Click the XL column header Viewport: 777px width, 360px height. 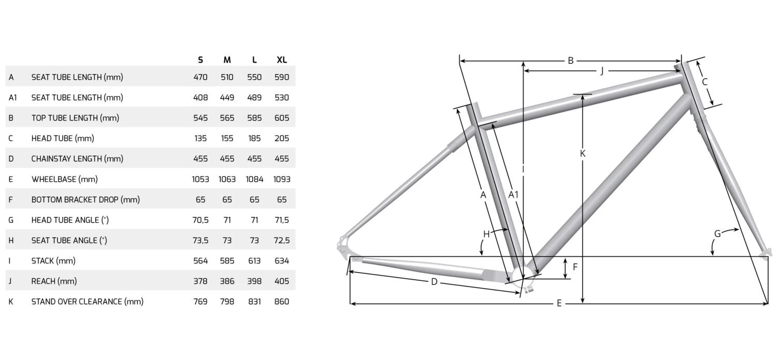(x=282, y=60)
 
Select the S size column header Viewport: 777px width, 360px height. (x=200, y=60)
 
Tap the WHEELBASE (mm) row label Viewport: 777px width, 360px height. (x=65, y=179)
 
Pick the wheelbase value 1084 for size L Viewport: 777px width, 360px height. (x=254, y=179)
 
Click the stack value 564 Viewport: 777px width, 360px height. (x=200, y=261)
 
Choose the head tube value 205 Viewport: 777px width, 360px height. (x=282, y=138)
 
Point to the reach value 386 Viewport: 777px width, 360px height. (x=227, y=281)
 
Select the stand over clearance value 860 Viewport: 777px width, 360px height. (x=282, y=302)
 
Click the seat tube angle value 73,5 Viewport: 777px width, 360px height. (x=200, y=240)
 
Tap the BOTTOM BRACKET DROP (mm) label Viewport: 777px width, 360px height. (x=85, y=200)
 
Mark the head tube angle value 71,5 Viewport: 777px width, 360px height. (x=282, y=220)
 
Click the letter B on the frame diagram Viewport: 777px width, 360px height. (x=571, y=61)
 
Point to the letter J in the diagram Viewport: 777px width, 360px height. (x=602, y=71)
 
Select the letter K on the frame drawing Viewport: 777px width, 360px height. (x=583, y=153)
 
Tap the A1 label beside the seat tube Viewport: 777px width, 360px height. (x=513, y=195)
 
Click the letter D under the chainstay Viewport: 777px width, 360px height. (x=434, y=282)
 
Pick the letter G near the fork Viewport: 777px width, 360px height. (x=717, y=234)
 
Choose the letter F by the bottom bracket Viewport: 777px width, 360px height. (x=575, y=267)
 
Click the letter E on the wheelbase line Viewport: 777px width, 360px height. (x=559, y=304)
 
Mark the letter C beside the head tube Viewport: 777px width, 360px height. (x=705, y=82)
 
